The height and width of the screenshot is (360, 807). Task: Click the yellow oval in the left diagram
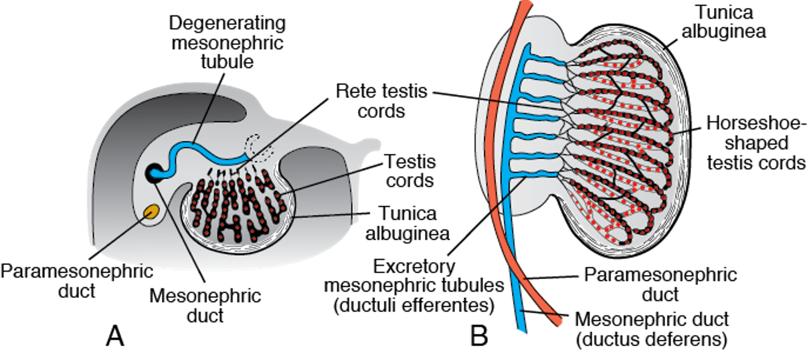tap(151, 212)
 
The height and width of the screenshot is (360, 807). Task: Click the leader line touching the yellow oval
tap(120, 234)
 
